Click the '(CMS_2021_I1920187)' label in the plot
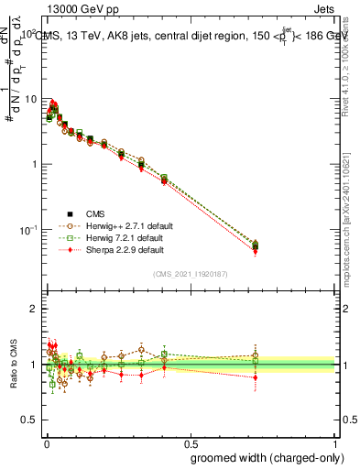pyautogui.click(x=191, y=273)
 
